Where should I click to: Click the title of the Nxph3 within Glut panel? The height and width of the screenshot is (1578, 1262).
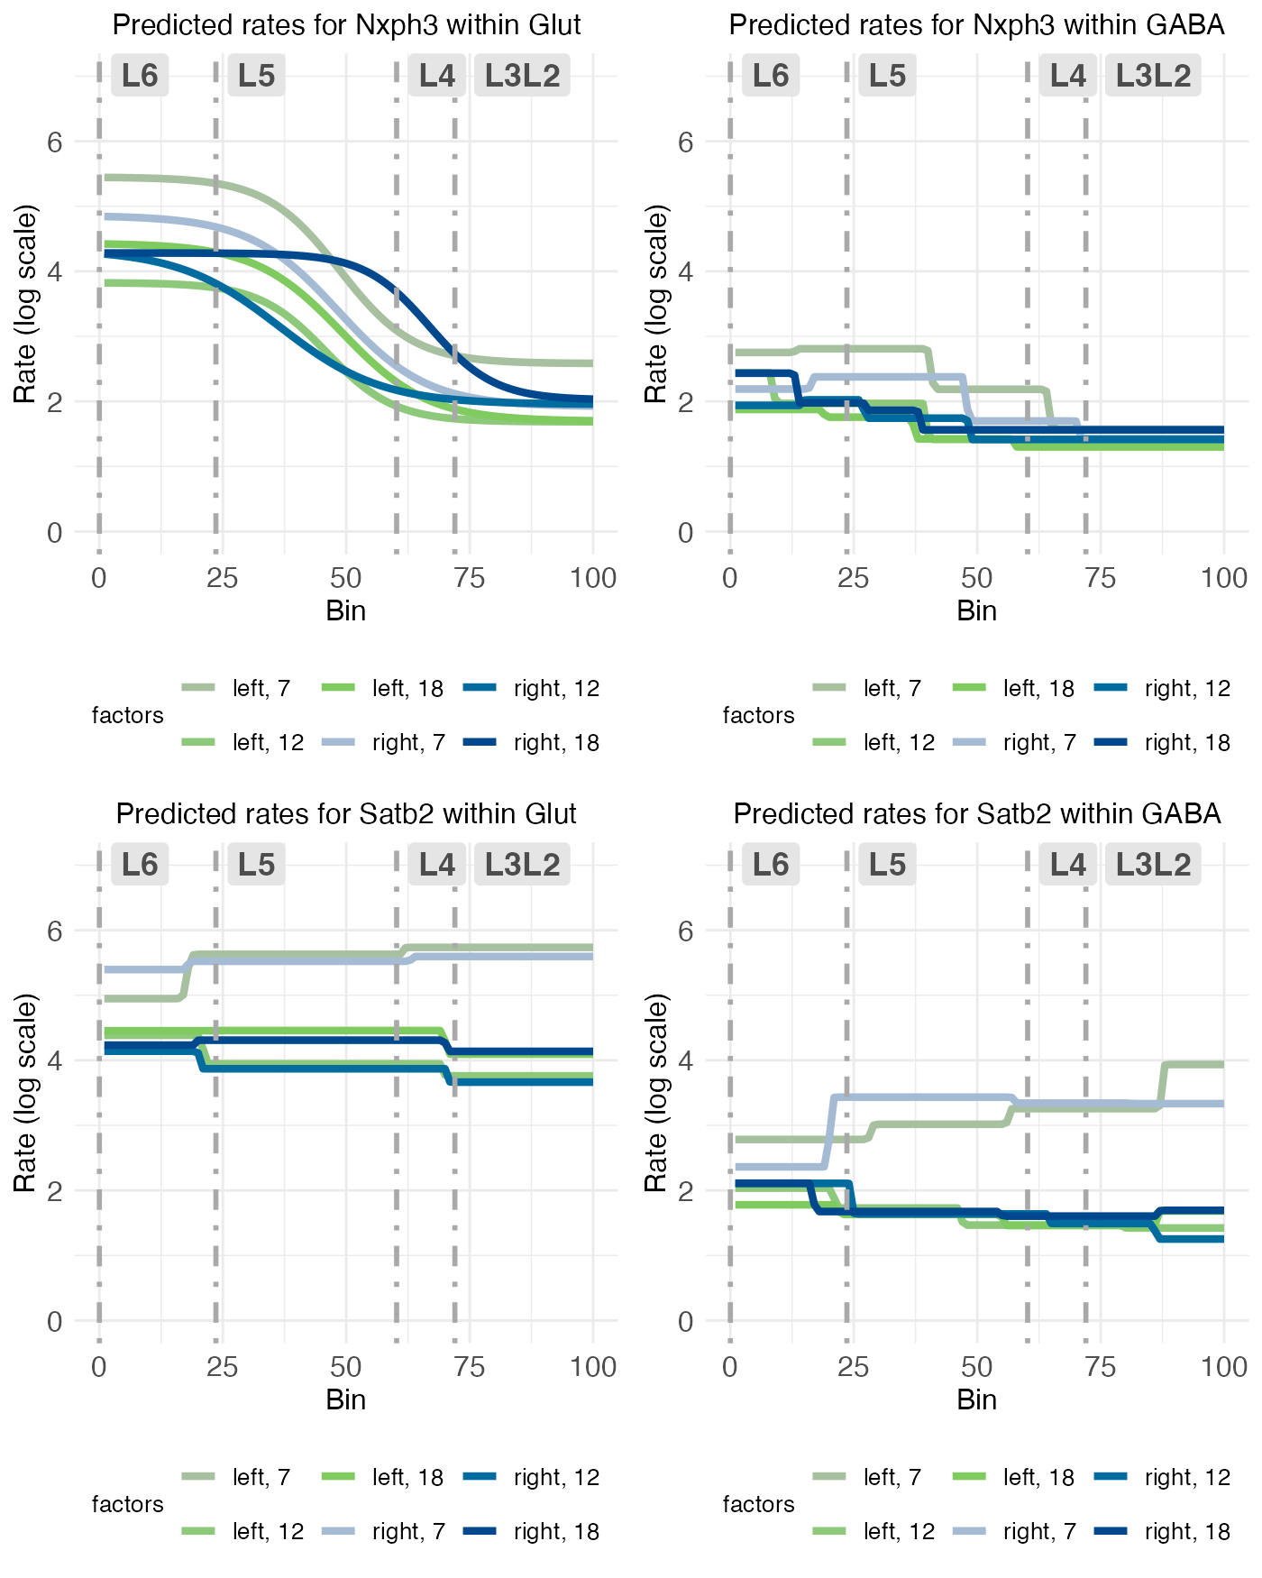(x=346, y=24)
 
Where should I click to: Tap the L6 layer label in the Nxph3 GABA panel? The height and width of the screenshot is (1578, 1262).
(x=771, y=76)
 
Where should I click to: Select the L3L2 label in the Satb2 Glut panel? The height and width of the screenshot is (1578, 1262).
(x=522, y=865)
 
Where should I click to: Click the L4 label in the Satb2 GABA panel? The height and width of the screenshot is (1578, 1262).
(x=1068, y=865)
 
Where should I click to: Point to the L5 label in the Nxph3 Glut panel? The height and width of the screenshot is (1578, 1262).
(x=256, y=76)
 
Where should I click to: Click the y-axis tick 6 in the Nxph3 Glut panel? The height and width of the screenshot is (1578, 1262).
(x=54, y=142)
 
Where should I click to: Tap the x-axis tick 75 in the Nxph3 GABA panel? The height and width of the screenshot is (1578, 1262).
(x=1101, y=578)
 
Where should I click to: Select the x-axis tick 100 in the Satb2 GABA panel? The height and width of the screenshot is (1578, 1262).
(x=1224, y=1367)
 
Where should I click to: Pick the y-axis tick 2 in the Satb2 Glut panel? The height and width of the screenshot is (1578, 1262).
(x=54, y=1191)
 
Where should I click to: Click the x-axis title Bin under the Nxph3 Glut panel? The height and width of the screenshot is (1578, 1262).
(x=346, y=611)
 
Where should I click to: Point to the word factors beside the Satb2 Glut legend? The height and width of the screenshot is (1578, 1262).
(x=128, y=1504)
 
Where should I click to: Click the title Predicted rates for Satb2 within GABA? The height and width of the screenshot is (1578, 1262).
(x=977, y=813)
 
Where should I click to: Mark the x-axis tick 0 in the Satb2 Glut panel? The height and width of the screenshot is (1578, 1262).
(x=99, y=1367)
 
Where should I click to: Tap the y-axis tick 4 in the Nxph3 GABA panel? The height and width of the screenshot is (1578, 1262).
(x=685, y=271)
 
